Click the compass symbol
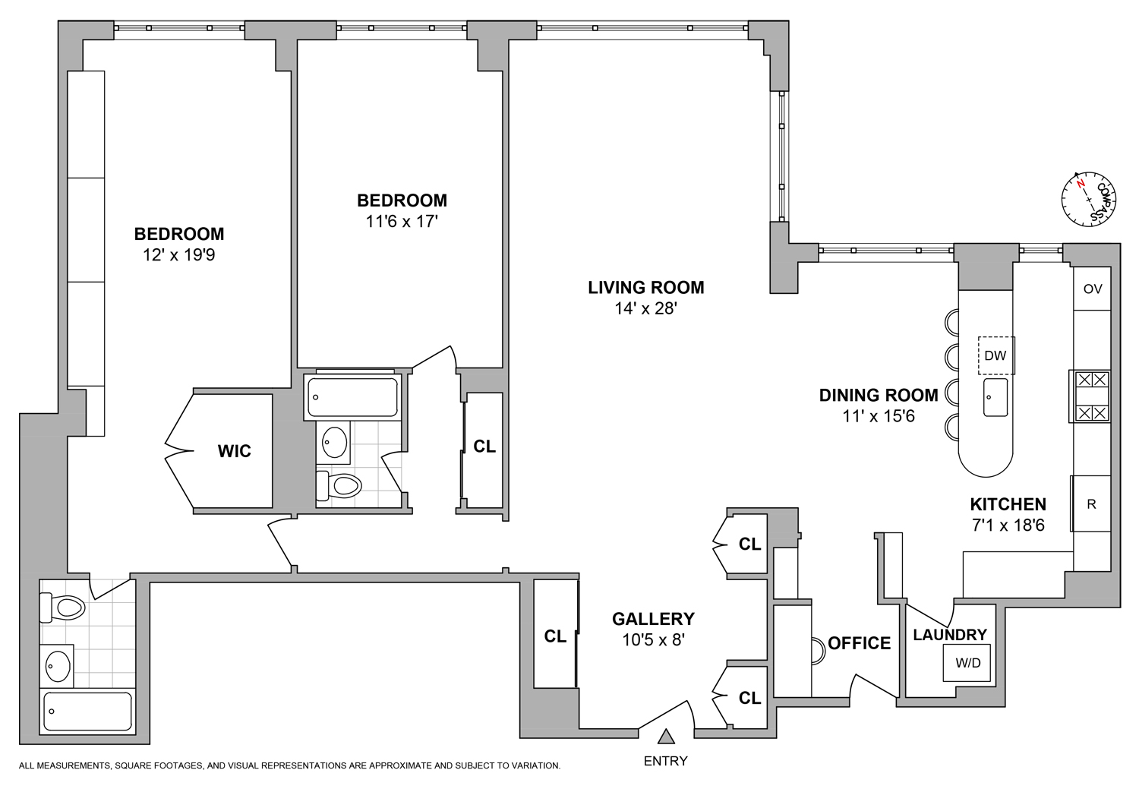(1088, 199)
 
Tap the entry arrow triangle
(666, 737)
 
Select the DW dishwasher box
(995, 355)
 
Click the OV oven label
(1092, 289)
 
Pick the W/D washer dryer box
(967, 663)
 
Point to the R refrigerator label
(1091, 504)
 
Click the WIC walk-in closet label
(234, 451)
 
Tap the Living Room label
(645, 288)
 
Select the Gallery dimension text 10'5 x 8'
(653, 640)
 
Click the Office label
(859, 643)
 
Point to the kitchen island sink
(995, 397)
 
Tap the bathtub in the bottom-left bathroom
(87, 712)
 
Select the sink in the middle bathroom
(335, 442)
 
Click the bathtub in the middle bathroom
(353, 397)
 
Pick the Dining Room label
(878, 395)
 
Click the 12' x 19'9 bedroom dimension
(178, 255)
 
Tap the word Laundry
(949, 635)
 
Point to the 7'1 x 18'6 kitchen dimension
(1008, 525)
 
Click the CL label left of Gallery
(555, 636)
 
